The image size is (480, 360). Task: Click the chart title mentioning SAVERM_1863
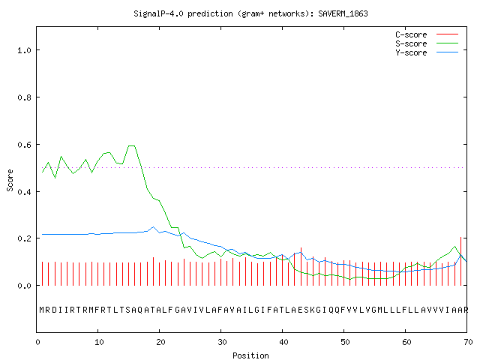click(250, 13)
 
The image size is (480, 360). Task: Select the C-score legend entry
click(427, 34)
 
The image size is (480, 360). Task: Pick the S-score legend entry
click(427, 43)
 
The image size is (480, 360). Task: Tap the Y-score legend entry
click(427, 52)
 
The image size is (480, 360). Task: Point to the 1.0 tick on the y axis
click(24, 50)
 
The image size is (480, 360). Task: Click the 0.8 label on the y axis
click(24, 97)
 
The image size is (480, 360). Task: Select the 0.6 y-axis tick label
click(24, 145)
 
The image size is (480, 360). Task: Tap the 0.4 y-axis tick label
click(24, 192)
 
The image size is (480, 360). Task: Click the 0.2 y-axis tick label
click(24, 238)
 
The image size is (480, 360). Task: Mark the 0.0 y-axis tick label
click(24, 286)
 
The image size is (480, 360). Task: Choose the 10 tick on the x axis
click(98, 342)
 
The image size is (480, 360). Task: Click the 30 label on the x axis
click(222, 342)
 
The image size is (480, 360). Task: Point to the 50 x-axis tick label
click(345, 342)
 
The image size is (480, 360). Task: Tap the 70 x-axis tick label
click(468, 342)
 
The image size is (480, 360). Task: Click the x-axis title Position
click(250, 355)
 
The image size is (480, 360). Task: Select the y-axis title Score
click(10, 180)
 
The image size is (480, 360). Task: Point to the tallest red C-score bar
click(460, 261)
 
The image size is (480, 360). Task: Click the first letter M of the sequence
click(42, 310)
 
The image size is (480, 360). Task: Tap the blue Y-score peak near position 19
click(153, 226)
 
